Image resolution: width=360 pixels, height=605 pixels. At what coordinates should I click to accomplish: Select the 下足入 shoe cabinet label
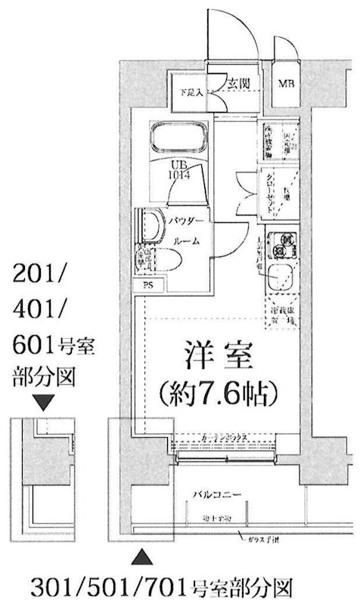(191, 93)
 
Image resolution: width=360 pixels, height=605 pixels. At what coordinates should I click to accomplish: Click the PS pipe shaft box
(147, 285)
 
